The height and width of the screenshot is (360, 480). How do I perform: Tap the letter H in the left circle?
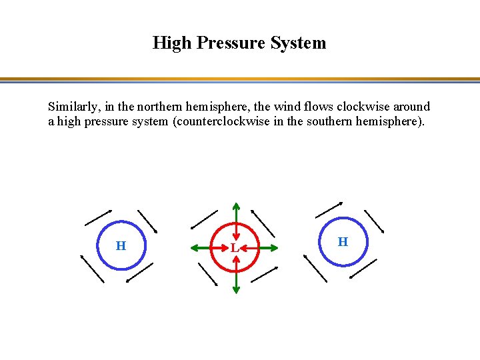[121, 246]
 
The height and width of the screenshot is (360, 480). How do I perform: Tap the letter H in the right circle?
[343, 241]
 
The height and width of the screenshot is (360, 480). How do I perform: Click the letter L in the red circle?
[234, 248]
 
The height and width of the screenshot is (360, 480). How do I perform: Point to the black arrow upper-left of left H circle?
[98, 217]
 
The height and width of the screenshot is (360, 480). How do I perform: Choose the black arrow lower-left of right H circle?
[315, 268]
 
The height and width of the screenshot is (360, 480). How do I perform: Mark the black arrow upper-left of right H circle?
[329, 209]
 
